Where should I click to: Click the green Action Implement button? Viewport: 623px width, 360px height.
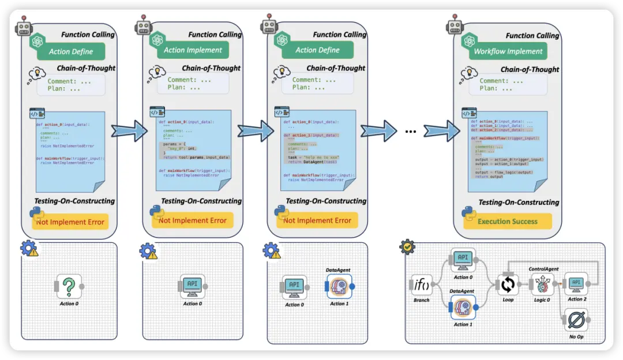point(193,50)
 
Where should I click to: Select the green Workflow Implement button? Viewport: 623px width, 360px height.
point(508,51)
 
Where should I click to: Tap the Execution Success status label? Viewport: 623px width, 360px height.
point(508,221)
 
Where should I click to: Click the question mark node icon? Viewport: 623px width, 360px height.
point(69,286)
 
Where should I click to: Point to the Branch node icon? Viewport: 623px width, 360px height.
point(422,285)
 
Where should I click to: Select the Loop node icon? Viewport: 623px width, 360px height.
point(508,284)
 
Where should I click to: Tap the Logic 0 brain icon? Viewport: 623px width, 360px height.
point(542,284)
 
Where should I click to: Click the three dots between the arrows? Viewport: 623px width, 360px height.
point(411,132)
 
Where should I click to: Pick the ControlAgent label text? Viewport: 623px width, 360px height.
point(544,269)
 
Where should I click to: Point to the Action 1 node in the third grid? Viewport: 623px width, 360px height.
point(338,286)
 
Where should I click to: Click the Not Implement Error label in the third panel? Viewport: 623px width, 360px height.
point(317,220)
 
